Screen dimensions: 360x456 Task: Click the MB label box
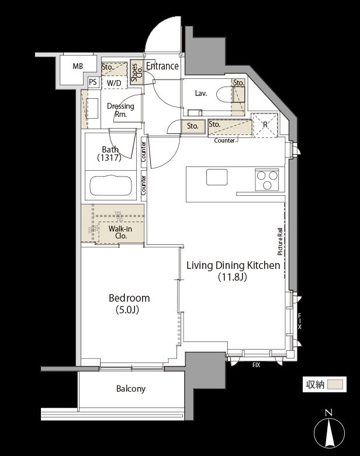(x=78, y=66)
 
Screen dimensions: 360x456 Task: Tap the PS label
(x=93, y=82)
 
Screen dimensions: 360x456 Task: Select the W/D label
(x=114, y=83)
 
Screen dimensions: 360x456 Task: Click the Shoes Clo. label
(x=136, y=72)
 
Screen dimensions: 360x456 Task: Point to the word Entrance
(x=162, y=66)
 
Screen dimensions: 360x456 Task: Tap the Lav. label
(x=201, y=94)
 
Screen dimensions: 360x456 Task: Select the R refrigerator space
(x=265, y=125)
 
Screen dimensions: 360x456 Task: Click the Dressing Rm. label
(x=120, y=110)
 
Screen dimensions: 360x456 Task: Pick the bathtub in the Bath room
(x=111, y=185)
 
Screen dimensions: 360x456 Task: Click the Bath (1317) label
(x=110, y=154)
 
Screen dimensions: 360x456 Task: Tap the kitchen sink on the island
(x=217, y=177)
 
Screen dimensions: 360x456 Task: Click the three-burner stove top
(x=266, y=179)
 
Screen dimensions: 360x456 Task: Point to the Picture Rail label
(x=280, y=241)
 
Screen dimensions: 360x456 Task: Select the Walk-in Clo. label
(x=120, y=232)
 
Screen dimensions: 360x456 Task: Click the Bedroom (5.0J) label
(x=129, y=303)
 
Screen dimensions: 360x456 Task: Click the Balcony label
(x=131, y=389)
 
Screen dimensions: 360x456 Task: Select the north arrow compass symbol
(x=329, y=430)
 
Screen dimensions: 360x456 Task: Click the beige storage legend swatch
(x=335, y=385)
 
